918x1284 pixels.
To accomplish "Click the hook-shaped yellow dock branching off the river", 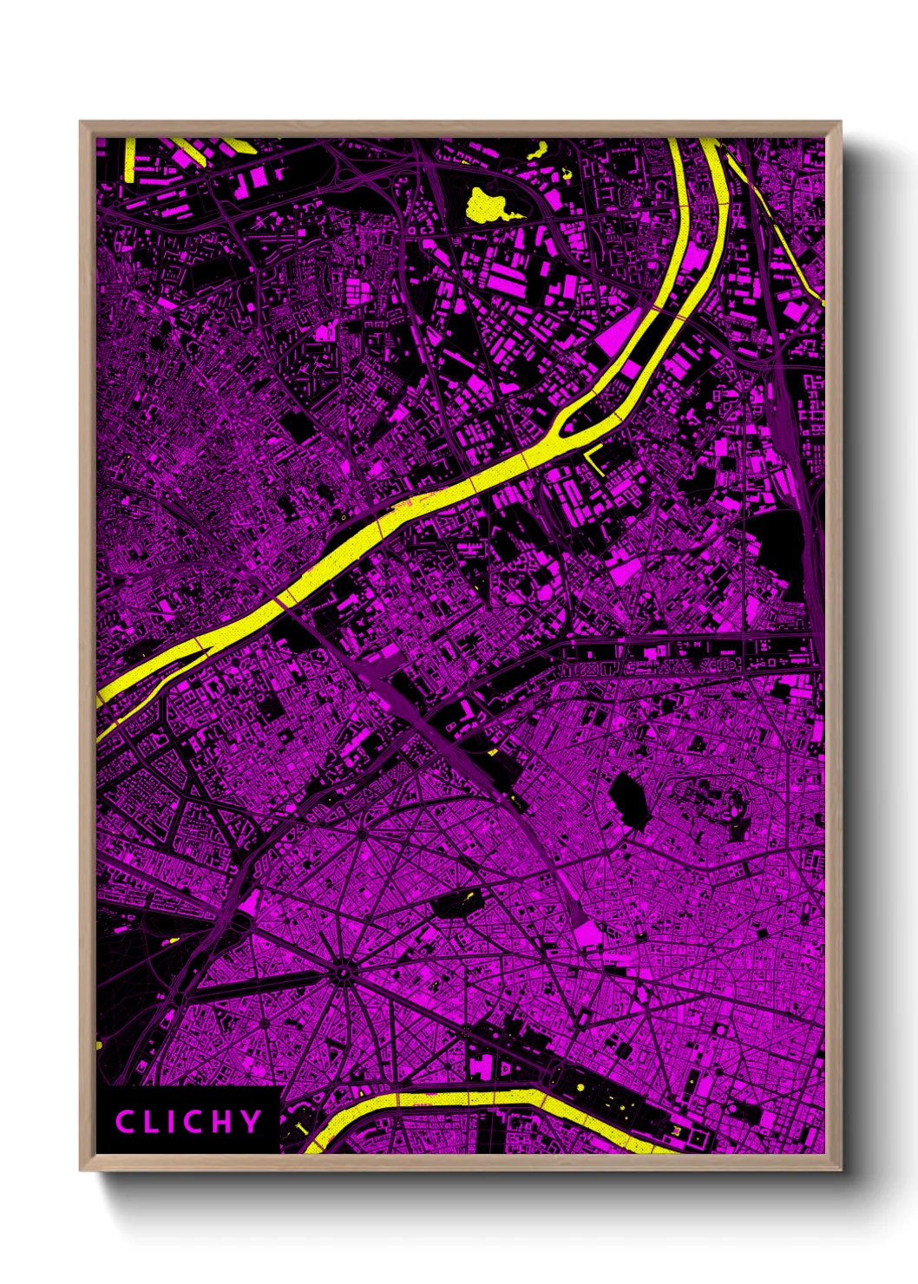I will [x=593, y=457].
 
